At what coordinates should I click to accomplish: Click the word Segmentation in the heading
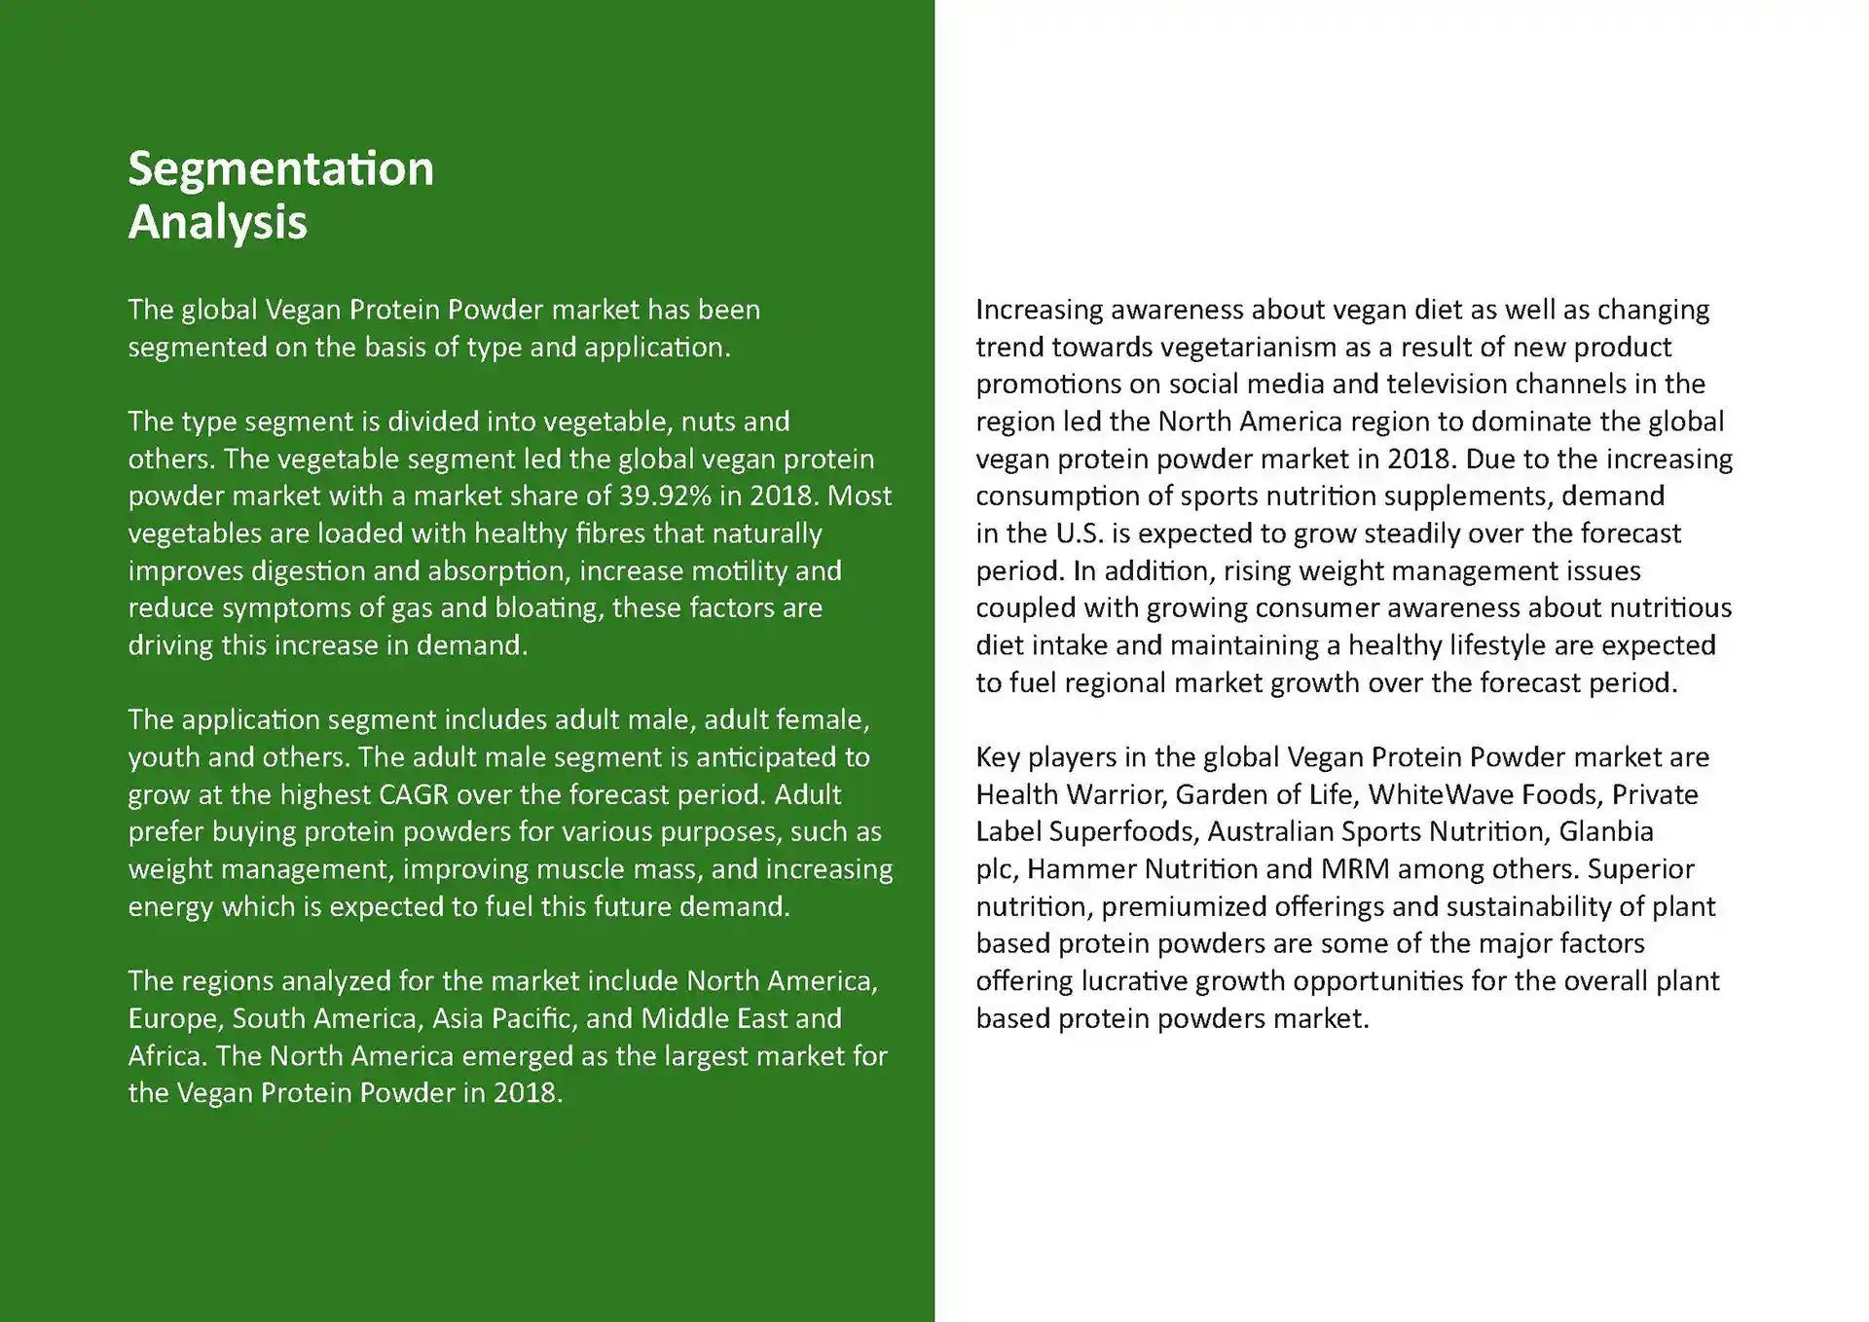point(280,169)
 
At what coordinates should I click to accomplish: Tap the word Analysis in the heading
point(217,223)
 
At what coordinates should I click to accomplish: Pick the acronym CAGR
point(413,795)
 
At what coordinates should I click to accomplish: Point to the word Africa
point(165,1056)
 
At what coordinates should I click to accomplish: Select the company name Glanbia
point(1605,832)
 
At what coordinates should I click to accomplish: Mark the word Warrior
point(1116,795)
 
